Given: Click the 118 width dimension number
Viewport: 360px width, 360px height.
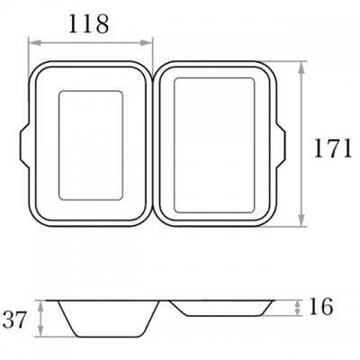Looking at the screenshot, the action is click(88, 24).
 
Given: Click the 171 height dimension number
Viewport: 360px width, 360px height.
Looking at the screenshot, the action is click(333, 148).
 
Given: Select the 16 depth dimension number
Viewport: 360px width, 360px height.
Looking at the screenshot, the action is click(320, 306).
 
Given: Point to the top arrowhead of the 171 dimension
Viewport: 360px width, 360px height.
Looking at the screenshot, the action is click(302, 67).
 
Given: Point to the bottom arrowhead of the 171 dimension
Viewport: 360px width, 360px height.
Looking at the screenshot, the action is click(302, 220).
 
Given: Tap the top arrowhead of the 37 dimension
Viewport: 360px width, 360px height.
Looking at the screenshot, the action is click(41, 306).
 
